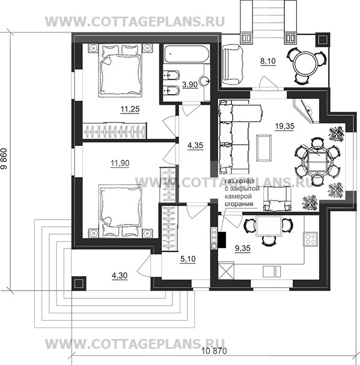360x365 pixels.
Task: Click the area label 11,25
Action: pyautogui.click(x=130, y=109)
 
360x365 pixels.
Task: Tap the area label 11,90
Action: pyautogui.click(x=120, y=163)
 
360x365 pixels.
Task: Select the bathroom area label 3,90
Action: pyautogui.click(x=190, y=85)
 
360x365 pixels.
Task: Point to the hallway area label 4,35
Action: pyautogui.click(x=195, y=145)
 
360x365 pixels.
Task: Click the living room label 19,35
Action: pyautogui.click(x=285, y=127)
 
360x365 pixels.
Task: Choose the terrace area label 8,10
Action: pyautogui.click(x=268, y=61)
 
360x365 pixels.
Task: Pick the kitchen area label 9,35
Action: pyautogui.click(x=243, y=249)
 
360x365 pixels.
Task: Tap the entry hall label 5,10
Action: pyautogui.click(x=188, y=259)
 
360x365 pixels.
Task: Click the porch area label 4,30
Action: pyautogui.click(x=120, y=276)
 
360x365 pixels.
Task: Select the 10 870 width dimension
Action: pyautogui.click(x=214, y=351)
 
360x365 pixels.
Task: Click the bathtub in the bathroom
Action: pyautogui.click(x=186, y=54)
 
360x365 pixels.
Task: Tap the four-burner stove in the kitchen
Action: pyautogui.click(x=310, y=239)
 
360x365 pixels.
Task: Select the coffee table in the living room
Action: pyautogui.click(x=264, y=148)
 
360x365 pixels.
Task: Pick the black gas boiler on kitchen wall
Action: pyautogui.click(x=222, y=240)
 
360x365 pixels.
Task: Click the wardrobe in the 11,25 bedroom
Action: pyautogui.click(x=115, y=131)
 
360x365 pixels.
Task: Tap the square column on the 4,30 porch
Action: pyautogui.click(x=79, y=283)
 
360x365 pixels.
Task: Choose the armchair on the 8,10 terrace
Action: pyautogui.click(x=232, y=65)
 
